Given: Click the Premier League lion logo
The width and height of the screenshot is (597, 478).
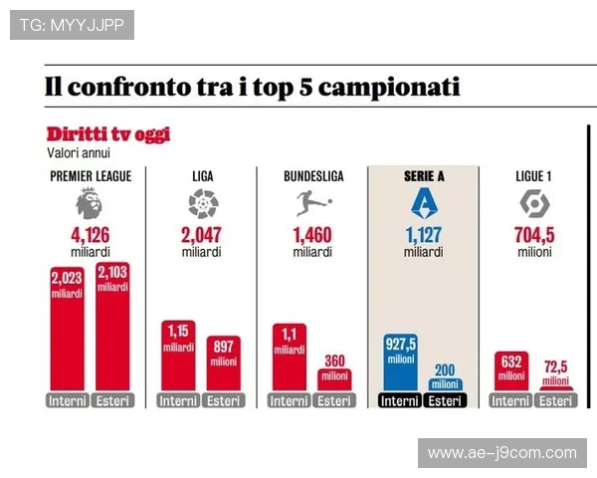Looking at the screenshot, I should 89,204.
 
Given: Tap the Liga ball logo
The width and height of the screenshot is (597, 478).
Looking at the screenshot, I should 203,204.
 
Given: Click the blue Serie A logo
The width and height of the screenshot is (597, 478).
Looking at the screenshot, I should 424,204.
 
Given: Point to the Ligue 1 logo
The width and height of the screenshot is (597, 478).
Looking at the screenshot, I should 535,204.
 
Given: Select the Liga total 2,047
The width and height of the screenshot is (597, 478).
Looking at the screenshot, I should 201,236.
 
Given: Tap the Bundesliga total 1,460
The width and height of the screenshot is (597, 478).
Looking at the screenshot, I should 312,236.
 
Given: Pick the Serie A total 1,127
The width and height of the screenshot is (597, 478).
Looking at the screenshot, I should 423,236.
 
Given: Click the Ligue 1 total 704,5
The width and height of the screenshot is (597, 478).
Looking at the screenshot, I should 535,236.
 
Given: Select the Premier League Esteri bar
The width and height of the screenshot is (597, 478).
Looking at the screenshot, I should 112,329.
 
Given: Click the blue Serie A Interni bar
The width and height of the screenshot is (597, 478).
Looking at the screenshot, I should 400,363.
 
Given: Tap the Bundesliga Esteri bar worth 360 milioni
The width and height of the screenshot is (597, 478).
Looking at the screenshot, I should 334,380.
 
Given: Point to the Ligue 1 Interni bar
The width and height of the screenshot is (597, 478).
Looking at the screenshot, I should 511,371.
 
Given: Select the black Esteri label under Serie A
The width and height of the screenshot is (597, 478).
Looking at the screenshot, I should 445,401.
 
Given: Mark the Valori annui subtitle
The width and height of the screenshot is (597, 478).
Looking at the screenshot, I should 79,153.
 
